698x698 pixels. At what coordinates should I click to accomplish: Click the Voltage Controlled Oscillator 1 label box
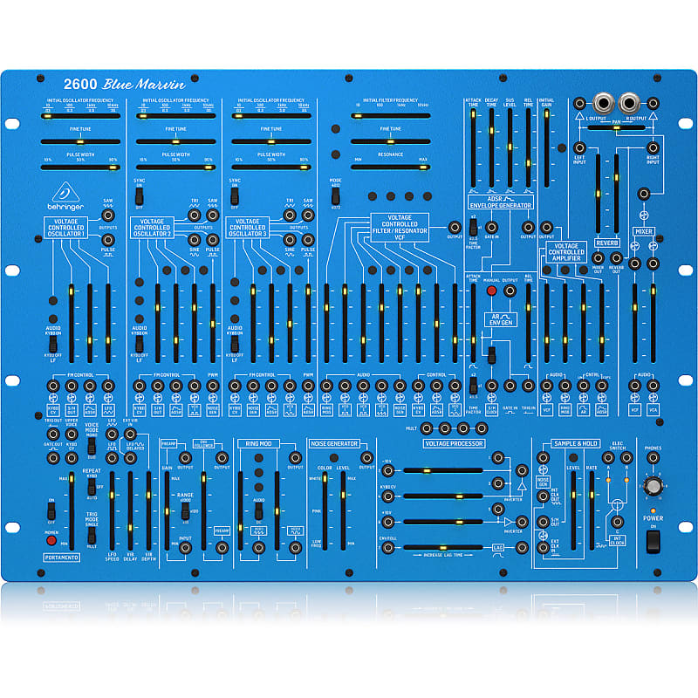pos(66,228)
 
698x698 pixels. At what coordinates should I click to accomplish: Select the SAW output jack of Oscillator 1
pos(107,214)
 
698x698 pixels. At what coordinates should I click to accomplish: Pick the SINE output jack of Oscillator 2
pos(194,237)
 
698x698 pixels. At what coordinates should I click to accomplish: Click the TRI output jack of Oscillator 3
pos(289,214)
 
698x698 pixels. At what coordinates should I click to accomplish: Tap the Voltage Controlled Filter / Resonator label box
pos(400,224)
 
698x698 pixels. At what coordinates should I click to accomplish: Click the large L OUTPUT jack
pos(603,102)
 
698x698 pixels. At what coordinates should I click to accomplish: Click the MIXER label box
pos(643,231)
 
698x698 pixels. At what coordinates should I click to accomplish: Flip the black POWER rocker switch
pos(653,542)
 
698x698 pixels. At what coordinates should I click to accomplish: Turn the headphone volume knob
pos(652,486)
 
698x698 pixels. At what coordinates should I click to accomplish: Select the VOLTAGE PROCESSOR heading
pos(453,443)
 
